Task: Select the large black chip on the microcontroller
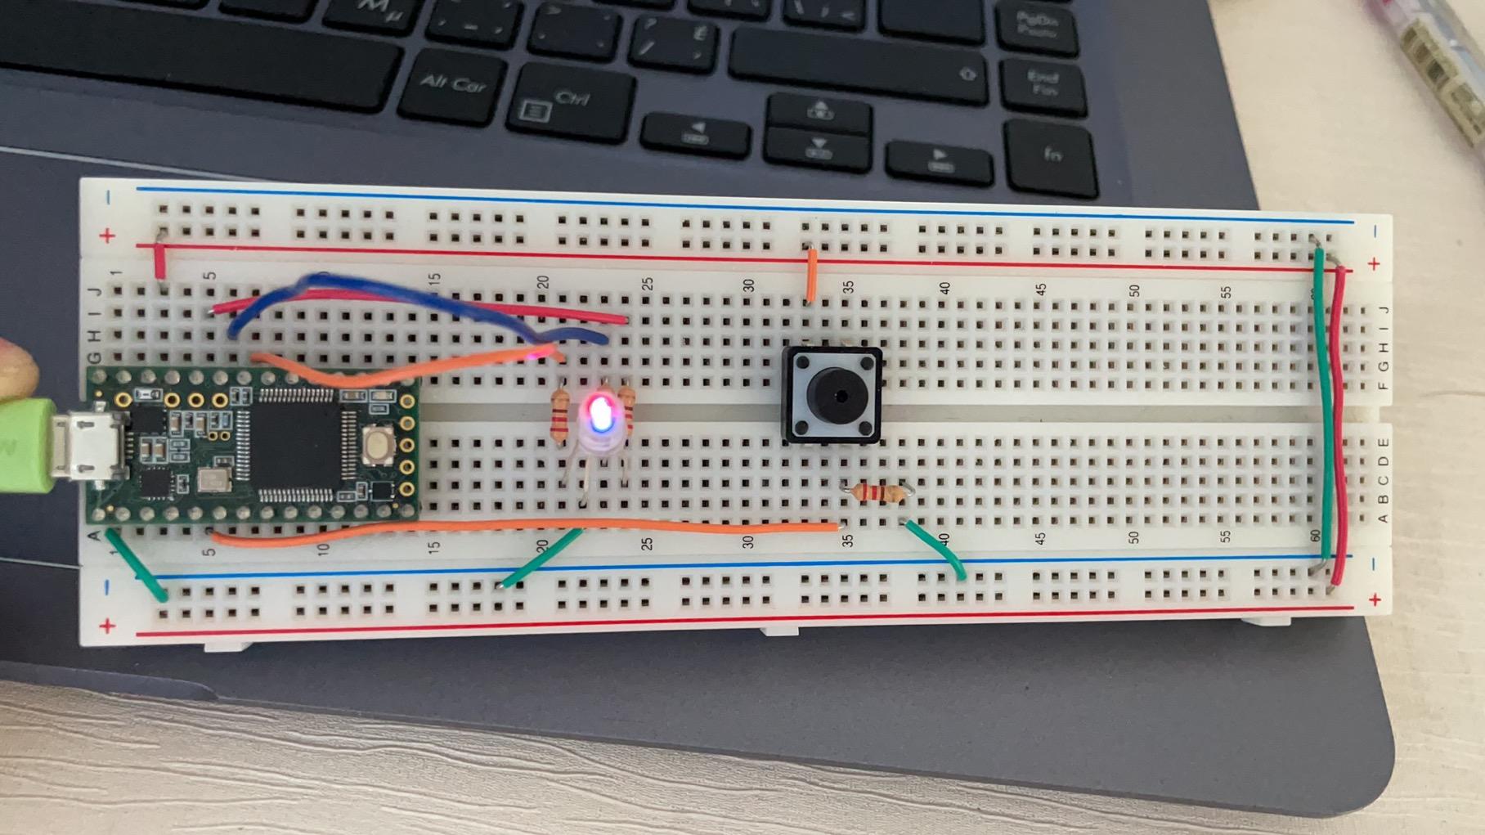298,445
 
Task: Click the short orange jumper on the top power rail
812,274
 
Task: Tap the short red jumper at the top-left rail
159,260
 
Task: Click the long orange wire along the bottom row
523,527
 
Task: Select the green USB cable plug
25,446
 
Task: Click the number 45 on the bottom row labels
1040,540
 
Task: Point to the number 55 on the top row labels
1227,292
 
